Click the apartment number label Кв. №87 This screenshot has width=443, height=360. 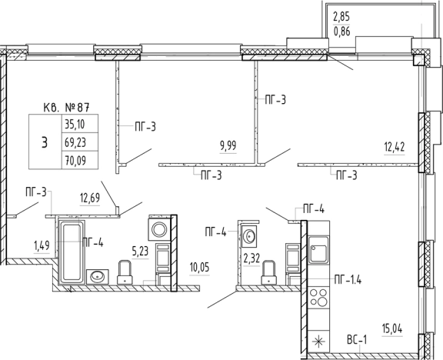click(x=67, y=108)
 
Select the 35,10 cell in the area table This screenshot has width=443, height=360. click(x=75, y=124)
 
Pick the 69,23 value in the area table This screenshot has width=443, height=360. click(x=75, y=142)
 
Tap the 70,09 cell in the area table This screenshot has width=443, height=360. click(x=75, y=161)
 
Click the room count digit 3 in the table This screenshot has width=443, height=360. click(x=45, y=142)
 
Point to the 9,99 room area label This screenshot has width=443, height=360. click(x=228, y=146)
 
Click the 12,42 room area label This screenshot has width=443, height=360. click(x=394, y=147)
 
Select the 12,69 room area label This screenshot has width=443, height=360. click(x=90, y=198)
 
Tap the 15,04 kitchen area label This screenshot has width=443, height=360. click(x=392, y=329)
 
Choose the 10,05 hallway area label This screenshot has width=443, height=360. click(x=199, y=268)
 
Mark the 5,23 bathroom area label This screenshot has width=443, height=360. click(x=140, y=251)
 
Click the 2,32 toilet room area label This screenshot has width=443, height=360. click(x=251, y=258)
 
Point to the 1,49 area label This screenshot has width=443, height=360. click(x=42, y=246)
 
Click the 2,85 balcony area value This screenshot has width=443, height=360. click(x=341, y=17)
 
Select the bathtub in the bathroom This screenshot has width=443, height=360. click(x=72, y=252)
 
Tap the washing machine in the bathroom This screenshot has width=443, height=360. click(x=159, y=229)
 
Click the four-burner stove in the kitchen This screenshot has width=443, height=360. click(x=319, y=298)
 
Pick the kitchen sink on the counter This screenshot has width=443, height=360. click(x=318, y=250)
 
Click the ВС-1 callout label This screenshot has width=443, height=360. click(x=357, y=340)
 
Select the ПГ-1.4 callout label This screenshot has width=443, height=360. click(x=348, y=280)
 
